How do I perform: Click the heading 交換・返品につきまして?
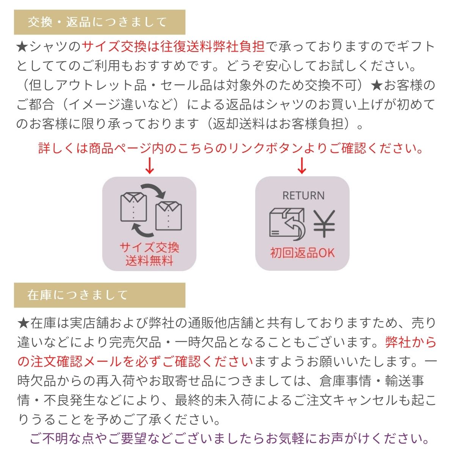pos(97,22)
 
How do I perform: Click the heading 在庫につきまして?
pos(77,295)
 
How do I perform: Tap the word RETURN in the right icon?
pos(303,196)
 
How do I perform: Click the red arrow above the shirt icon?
pos(149,166)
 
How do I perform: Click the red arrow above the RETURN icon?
pos(302,166)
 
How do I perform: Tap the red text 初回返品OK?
pos(303,253)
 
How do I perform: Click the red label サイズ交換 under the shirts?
pos(149,248)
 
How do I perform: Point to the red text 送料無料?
pos(149,261)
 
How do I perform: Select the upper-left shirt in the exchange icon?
pos(133,207)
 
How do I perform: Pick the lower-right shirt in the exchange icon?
pos(168,216)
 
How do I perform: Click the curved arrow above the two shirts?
pos(154,189)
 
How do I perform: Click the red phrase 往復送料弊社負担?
pos(212,46)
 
